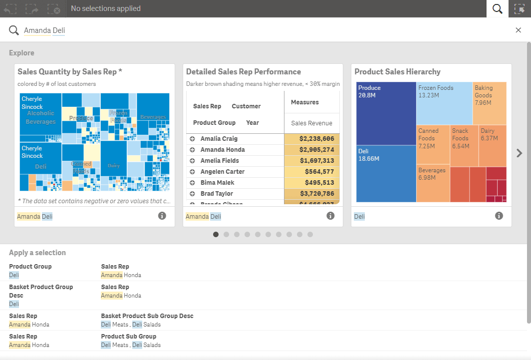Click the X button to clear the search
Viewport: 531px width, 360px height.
pyautogui.click(x=518, y=30)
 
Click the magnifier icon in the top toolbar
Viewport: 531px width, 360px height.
pyautogui.click(x=497, y=8)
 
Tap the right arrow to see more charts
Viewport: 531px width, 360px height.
pyautogui.click(x=519, y=153)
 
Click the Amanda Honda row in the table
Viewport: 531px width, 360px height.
pyautogui.click(x=223, y=150)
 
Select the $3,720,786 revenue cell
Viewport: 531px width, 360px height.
pyautogui.click(x=311, y=194)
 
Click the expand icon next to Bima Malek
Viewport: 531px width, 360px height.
pyautogui.click(x=192, y=183)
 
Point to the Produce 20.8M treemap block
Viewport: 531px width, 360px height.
pyautogui.click(x=386, y=113)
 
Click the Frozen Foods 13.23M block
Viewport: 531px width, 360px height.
pyautogui.click(x=444, y=103)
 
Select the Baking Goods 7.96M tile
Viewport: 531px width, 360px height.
pyautogui.click(x=489, y=103)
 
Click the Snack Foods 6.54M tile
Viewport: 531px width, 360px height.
pyautogui.click(x=464, y=145)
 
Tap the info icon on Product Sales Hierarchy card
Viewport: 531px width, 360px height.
pyautogui.click(x=499, y=216)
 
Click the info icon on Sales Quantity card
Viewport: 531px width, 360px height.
pyautogui.click(x=162, y=216)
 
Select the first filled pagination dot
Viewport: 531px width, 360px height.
pyautogui.click(x=216, y=234)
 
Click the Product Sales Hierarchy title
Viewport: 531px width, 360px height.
pyautogui.click(x=397, y=72)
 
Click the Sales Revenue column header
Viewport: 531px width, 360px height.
pyautogui.click(x=311, y=123)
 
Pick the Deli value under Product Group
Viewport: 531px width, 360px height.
pyautogui.click(x=14, y=275)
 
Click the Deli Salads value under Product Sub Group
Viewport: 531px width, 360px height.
pyautogui.click(x=146, y=345)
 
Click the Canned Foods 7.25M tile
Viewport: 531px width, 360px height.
pyautogui.click(x=432, y=145)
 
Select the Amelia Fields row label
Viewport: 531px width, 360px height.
pyautogui.click(x=220, y=161)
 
